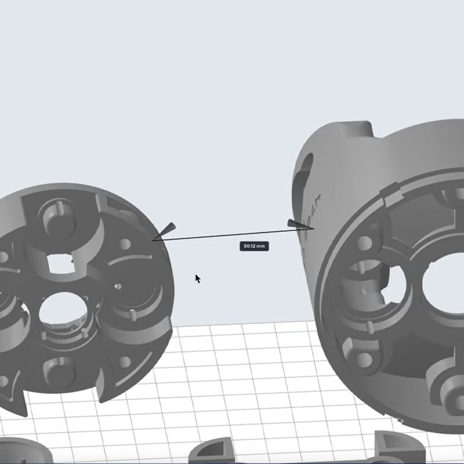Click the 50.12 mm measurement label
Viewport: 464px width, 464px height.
point(253,246)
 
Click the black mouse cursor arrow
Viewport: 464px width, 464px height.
point(197,278)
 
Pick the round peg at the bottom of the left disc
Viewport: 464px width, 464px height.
point(58,371)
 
